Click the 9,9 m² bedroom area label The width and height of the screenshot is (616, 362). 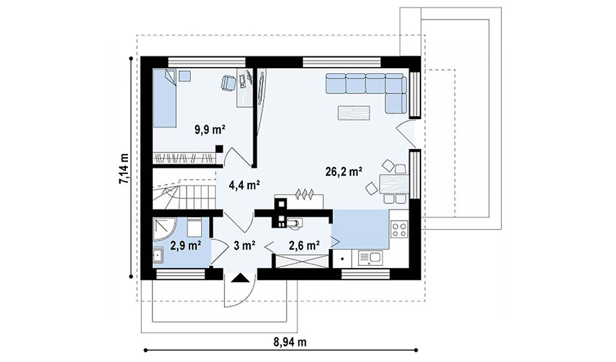210,129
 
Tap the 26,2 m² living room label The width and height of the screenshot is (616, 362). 344,171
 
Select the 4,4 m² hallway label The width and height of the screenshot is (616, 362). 244,184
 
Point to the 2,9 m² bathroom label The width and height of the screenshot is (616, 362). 186,246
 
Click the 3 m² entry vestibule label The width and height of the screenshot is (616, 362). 245,246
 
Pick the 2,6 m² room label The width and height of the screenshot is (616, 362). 304,246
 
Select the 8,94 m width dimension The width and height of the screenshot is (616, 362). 290,343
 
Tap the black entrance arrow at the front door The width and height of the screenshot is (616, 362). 240,278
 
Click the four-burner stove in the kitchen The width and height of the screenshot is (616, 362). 400,230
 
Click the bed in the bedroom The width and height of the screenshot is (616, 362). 164,98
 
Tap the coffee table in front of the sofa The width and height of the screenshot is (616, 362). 354,113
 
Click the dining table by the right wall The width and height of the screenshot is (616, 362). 395,184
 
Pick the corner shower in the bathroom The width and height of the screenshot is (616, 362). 162,228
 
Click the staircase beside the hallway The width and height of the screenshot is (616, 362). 184,194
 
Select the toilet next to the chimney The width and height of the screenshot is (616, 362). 294,223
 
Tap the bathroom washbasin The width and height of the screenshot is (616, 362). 158,256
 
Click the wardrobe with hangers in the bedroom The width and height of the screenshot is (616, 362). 184,158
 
